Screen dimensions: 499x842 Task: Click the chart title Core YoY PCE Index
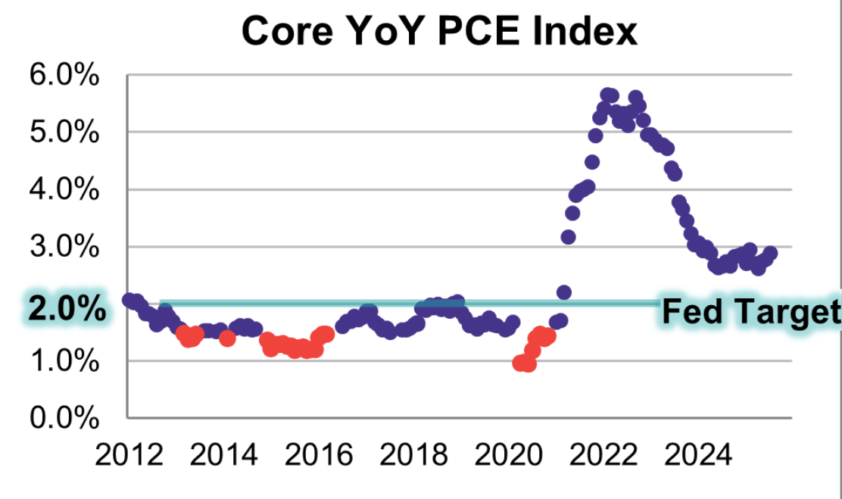point(440,31)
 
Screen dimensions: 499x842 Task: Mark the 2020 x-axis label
point(507,456)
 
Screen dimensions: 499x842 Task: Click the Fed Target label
point(750,311)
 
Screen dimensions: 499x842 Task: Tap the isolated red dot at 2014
point(227,338)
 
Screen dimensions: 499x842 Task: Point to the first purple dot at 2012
point(129,300)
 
